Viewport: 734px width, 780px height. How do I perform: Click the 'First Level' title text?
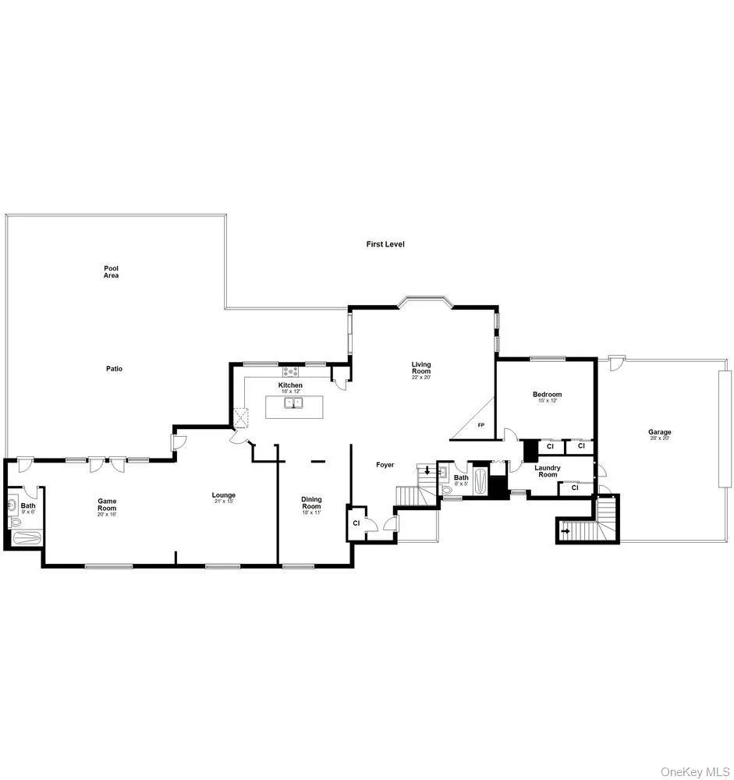385,244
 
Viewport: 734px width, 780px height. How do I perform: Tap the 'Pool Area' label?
112,271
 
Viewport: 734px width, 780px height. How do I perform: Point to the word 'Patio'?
115,369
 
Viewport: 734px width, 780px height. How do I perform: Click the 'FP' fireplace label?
480,425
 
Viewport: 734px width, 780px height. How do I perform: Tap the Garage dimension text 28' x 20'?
659,438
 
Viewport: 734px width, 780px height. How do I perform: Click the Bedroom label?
547,395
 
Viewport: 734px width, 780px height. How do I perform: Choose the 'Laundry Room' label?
547,471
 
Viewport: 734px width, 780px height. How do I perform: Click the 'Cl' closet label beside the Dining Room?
356,523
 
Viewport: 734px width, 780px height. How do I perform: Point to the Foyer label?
385,465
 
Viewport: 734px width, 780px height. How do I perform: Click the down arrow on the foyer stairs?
427,472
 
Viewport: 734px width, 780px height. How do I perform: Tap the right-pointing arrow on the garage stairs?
566,531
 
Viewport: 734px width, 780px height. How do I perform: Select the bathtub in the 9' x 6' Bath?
25,537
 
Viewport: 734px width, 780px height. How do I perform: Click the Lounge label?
224,495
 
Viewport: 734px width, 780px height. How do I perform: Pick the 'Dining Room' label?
311,503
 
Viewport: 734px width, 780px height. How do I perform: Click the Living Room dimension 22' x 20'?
421,378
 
